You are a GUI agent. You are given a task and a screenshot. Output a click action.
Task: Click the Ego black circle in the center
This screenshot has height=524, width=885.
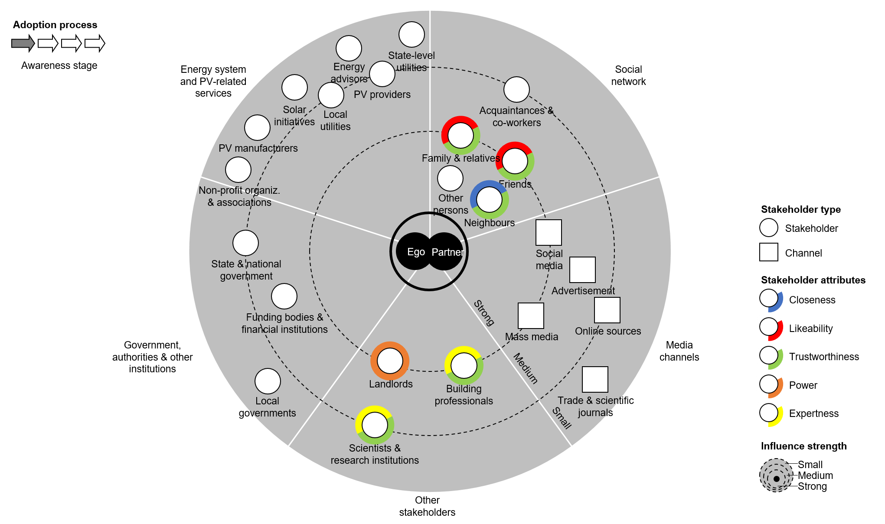pyautogui.click(x=414, y=252)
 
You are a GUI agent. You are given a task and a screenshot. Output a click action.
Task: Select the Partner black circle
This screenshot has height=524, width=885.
pyautogui.click(x=446, y=252)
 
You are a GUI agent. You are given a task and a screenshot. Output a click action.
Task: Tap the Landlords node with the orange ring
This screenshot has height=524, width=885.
pyautogui.click(x=390, y=361)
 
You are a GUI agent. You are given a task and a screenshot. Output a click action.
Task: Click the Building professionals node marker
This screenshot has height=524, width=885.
pyautogui.click(x=464, y=365)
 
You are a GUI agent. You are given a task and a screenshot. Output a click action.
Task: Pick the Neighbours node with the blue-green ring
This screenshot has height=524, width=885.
pyautogui.click(x=489, y=200)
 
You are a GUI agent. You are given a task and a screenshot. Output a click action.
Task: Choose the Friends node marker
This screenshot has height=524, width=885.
pyautogui.click(x=515, y=161)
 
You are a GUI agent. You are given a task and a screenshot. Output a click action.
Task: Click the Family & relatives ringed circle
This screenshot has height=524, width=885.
pyautogui.click(x=460, y=135)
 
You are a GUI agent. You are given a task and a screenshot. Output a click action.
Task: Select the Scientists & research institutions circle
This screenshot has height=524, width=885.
pyautogui.click(x=375, y=425)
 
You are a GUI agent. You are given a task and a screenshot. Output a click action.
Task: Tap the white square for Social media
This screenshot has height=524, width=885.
pyautogui.click(x=549, y=233)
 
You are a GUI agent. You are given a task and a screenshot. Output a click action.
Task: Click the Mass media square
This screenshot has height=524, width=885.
pyautogui.click(x=531, y=316)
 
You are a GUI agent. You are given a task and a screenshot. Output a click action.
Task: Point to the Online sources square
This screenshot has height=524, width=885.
pyautogui.click(x=607, y=310)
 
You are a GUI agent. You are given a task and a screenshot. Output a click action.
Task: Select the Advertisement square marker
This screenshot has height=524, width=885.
pyautogui.click(x=582, y=270)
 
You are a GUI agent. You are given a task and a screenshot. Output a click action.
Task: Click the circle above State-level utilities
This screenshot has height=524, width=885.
pyautogui.click(x=411, y=35)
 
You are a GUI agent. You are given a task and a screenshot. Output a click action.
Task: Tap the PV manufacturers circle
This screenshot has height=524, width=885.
pyautogui.click(x=257, y=128)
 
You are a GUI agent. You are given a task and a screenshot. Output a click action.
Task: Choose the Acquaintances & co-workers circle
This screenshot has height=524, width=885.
pyautogui.click(x=516, y=90)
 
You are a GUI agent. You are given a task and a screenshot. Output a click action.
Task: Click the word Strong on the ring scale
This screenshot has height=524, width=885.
pyautogui.click(x=484, y=312)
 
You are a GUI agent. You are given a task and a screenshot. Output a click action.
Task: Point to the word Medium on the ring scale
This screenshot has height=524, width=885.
pyautogui.click(x=526, y=368)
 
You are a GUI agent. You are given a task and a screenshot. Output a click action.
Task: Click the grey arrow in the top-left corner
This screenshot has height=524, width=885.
pyautogui.click(x=23, y=43)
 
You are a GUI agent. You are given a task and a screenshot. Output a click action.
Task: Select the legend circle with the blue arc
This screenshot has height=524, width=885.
pyautogui.click(x=769, y=298)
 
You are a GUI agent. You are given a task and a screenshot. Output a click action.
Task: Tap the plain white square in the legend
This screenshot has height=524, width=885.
pyautogui.click(x=768, y=252)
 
